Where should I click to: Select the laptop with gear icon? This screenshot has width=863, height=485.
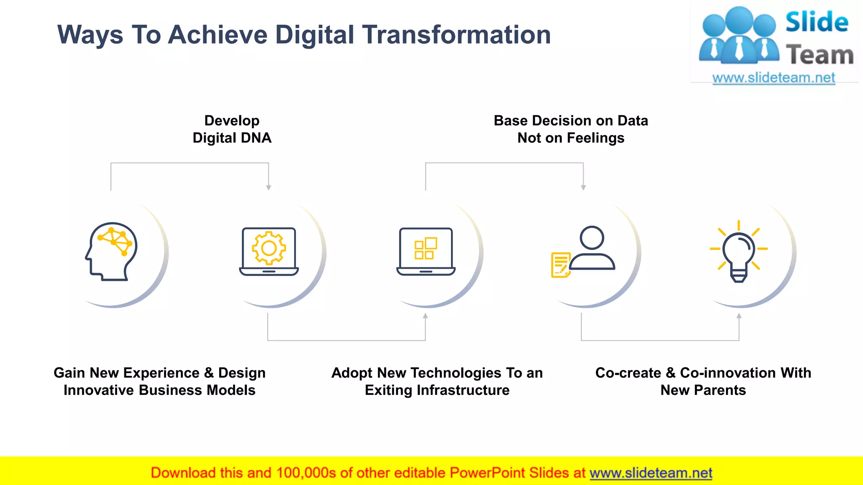point(269,251)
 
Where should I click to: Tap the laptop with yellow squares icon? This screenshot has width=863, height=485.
point(426,251)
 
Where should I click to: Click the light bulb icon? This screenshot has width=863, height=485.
point(739,251)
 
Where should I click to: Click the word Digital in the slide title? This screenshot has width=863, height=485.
point(314,35)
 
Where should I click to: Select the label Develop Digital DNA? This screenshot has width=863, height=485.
point(232,129)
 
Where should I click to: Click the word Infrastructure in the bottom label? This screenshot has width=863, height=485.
point(463,390)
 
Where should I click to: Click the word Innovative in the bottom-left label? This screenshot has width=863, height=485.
point(99,390)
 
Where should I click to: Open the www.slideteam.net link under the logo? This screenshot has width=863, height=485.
point(774,78)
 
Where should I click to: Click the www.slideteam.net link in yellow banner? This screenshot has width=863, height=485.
point(651,473)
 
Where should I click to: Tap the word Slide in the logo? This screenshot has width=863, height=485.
point(817,22)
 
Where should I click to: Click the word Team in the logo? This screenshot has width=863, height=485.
point(820,55)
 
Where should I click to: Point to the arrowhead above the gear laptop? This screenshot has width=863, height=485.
point(268,188)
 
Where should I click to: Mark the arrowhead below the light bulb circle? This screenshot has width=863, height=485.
point(739,316)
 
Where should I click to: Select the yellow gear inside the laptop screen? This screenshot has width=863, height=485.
point(269,248)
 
